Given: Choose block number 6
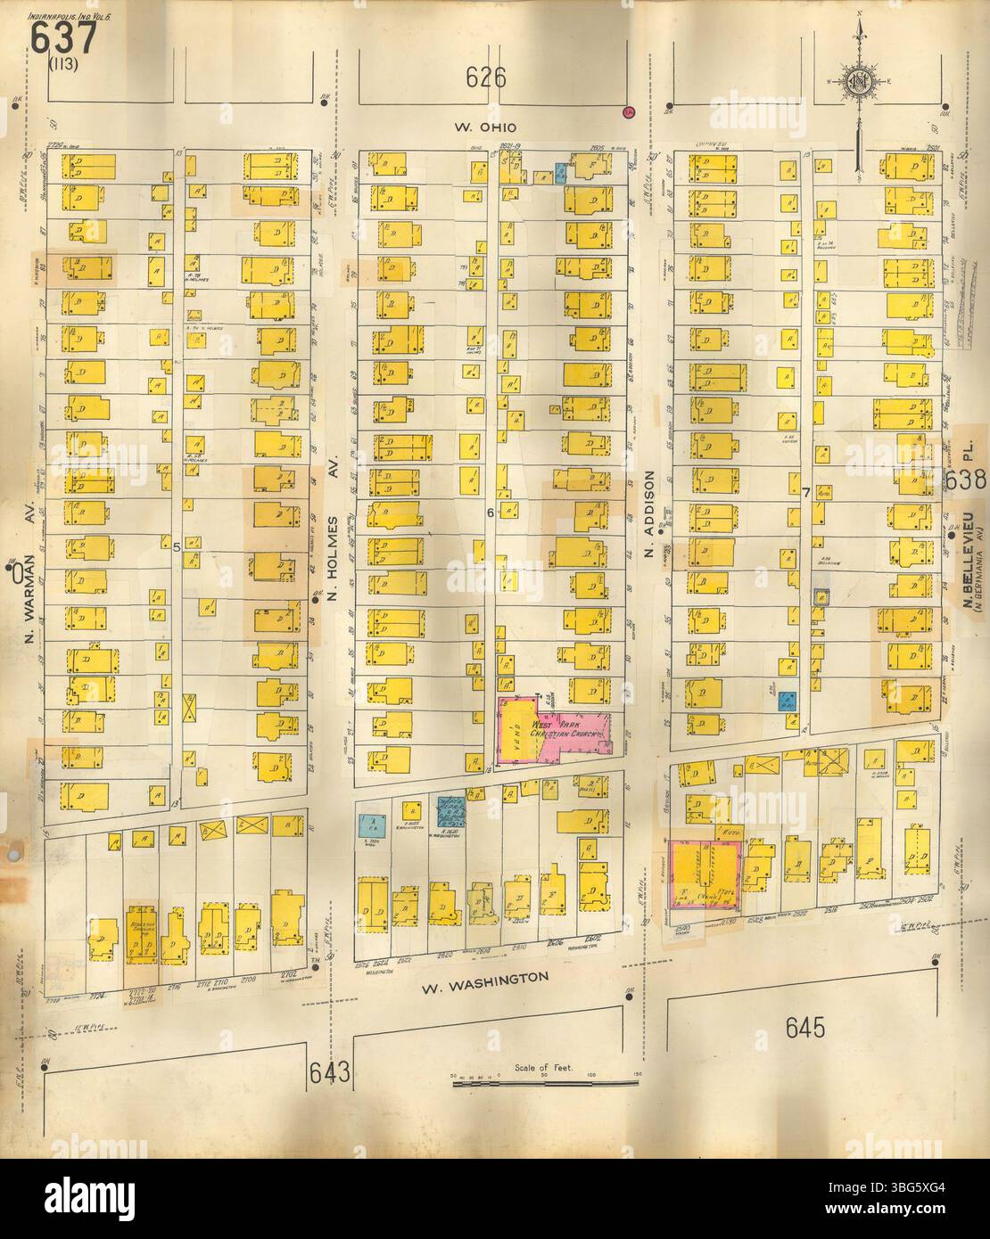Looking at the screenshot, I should coord(490,513).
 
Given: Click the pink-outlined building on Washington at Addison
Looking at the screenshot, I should coord(705,875).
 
